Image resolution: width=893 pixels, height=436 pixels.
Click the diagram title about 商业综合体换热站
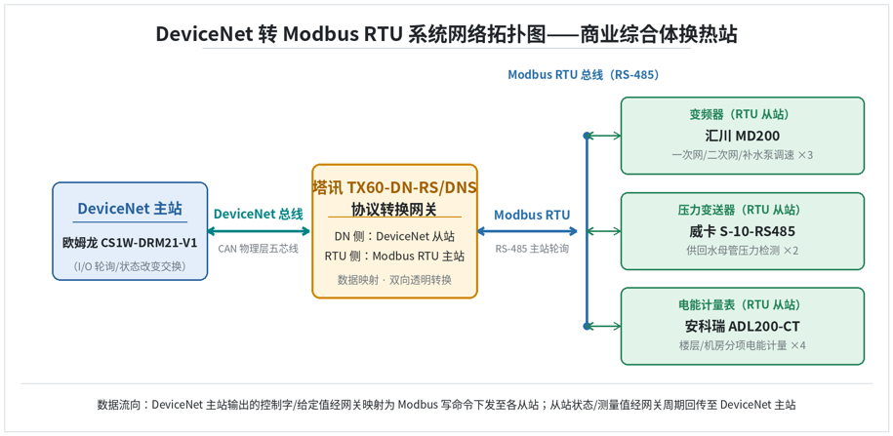coord(447,34)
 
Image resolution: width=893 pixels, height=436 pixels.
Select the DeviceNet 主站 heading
coord(130,209)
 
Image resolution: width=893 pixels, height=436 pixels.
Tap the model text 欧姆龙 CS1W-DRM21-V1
coord(130,243)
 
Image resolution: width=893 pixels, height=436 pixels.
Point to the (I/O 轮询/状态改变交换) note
coord(130,266)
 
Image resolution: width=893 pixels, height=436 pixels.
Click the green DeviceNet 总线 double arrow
coord(260,231)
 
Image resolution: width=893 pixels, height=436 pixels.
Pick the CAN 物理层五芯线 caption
coord(259,249)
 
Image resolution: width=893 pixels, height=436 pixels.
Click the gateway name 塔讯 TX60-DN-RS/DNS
coord(394,187)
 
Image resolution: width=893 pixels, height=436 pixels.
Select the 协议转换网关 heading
coord(394,209)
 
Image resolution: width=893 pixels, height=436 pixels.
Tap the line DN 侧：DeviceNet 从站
coord(394,236)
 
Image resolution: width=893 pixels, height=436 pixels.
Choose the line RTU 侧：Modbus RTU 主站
coord(394,257)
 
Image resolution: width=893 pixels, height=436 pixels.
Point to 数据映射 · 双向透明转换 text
coord(394,280)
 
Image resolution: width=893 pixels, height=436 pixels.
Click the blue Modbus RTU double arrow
coord(527,231)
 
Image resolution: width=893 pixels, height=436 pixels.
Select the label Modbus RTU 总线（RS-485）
coord(584,74)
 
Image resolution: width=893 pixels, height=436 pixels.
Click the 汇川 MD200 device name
coord(742,136)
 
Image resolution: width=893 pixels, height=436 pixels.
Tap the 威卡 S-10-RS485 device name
coord(742,232)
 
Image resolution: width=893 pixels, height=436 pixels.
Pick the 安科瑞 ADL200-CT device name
coord(742,327)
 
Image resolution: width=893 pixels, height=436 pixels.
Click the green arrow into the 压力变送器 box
coord(604,231)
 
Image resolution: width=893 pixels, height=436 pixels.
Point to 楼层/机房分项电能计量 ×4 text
coord(742,345)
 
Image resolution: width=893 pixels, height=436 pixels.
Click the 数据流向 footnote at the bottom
coord(447,405)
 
